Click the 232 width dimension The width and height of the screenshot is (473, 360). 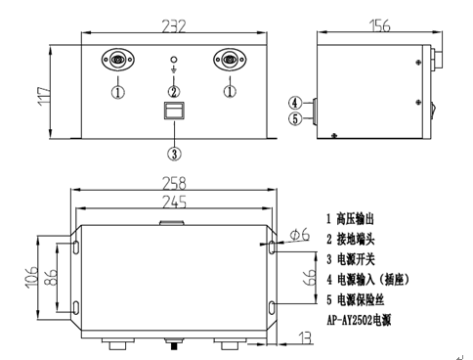click(174, 26)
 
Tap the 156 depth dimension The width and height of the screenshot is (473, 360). click(379, 25)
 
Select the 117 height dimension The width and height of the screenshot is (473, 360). click(44, 96)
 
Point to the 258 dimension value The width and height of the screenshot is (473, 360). click(174, 183)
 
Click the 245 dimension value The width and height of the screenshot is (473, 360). click(174, 202)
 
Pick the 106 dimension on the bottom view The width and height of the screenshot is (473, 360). click(31, 277)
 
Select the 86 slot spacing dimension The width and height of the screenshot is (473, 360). click(51, 277)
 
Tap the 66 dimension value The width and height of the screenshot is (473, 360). click(310, 277)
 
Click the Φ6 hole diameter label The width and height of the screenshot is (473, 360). click(300, 235)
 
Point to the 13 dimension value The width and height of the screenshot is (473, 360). click(305, 337)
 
